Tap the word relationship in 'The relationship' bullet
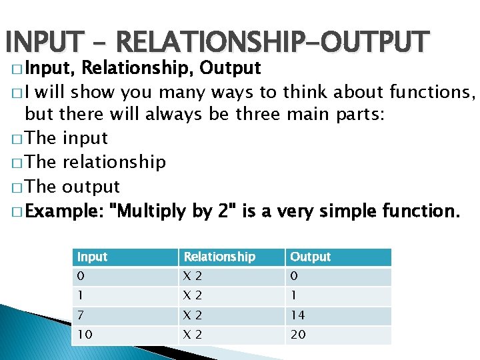[113, 163]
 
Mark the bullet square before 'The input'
[16, 139]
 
